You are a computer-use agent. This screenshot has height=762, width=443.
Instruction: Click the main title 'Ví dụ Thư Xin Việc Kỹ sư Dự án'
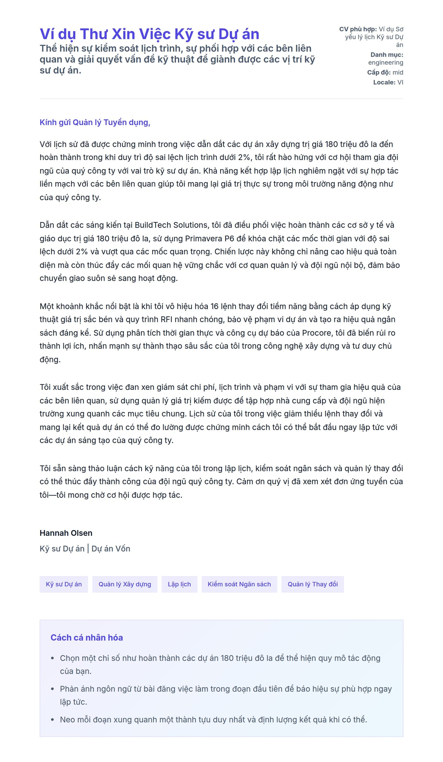coord(149,34)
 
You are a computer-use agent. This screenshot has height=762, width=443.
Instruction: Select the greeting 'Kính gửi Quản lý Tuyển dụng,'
coord(95,122)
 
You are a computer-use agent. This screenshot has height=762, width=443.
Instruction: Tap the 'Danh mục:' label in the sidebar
coord(386,55)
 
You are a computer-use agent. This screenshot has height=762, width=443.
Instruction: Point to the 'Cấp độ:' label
coord(379,72)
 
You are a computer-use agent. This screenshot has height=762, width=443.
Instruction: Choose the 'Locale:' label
coord(384,83)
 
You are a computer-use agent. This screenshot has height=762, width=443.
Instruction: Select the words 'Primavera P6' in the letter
coord(210,239)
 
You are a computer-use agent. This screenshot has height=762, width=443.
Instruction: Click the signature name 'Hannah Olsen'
coord(66,533)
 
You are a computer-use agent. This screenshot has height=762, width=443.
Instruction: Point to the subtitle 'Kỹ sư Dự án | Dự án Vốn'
coord(85,549)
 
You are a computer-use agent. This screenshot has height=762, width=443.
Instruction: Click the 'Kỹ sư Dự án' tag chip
coord(64,584)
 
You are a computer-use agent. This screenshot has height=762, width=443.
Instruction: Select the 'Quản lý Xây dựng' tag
coord(125,584)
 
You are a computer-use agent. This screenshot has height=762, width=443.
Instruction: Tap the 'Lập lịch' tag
coord(179,584)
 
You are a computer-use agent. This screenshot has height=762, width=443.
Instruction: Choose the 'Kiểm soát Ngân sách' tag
coord(239,584)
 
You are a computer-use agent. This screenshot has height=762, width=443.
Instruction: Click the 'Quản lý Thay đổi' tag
coord(312,584)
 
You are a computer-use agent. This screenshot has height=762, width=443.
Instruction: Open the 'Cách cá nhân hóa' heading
coord(87,638)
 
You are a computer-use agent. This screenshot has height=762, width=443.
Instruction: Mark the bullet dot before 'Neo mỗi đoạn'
coord(53,720)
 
